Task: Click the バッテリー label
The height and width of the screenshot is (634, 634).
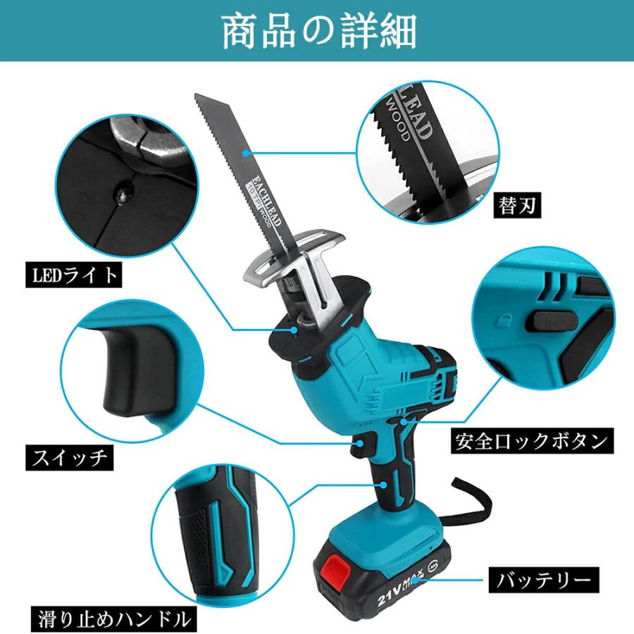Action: [x=543, y=580]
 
